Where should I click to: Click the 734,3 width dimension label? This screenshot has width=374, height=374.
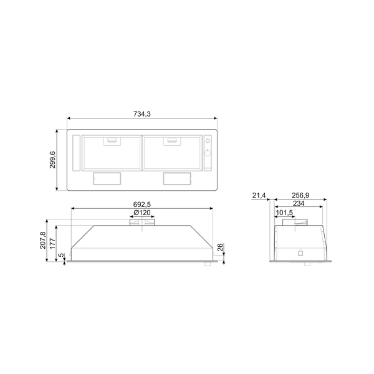pyautogui.click(x=142, y=114)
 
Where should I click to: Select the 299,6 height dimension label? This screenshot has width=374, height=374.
pyautogui.click(x=52, y=160)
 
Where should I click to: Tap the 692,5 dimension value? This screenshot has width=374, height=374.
pyautogui.click(x=142, y=204)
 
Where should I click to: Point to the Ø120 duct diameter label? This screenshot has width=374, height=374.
pyautogui.click(x=142, y=213)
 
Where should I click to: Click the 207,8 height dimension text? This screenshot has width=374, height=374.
pyautogui.click(x=43, y=240)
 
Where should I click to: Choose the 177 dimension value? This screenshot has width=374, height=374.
pyautogui.click(x=52, y=243)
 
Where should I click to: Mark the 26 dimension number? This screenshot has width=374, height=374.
pyautogui.click(x=220, y=247)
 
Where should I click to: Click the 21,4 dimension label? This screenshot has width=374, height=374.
pyautogui.click(x=259, y=196)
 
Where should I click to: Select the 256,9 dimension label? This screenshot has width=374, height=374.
pyautogui.click(x=300, y=195)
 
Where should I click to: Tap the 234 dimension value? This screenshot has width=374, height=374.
pyautogui.click(x=299, y=203)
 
